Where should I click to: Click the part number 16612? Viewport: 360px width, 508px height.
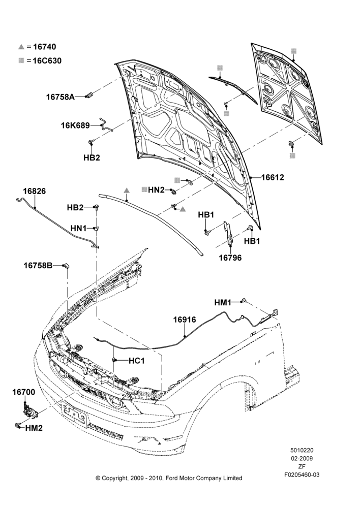pyautogui.click(x=273, y=177)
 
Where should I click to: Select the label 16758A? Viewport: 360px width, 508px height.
pyautogui.click(x=61, y=97)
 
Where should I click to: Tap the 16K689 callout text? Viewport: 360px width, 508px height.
pyautogui.click(x=76, y=125)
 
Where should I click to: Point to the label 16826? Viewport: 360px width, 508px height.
pyautogui.click(x=34, y=191)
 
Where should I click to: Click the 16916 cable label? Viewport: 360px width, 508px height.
pyautogui.click(x=185, y=320)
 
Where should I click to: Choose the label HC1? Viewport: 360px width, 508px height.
pyautogui.click(x=137, y=361)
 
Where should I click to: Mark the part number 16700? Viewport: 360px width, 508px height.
pyautogui.click(x=24, y=392)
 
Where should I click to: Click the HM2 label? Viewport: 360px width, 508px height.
pyautogui.click(x=34, y=428)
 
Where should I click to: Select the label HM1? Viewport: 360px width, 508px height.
pyautogui.click(x=223, y=303)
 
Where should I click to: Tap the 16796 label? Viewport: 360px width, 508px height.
pyautogui.click(x=230, y=258)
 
